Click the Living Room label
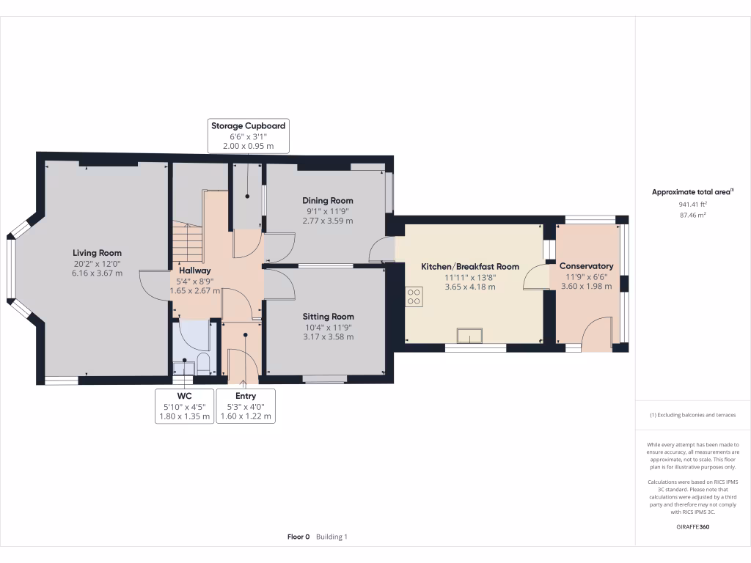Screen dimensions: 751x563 98,253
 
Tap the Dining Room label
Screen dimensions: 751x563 328,201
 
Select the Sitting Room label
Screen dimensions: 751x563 328,317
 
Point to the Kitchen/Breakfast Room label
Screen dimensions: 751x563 470,267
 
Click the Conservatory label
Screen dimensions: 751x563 586,265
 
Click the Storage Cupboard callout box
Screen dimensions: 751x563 248,136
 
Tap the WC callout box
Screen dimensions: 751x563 184,406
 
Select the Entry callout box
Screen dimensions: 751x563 246,406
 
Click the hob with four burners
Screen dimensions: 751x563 414,297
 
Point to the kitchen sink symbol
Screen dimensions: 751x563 469,336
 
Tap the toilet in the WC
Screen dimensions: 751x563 203,364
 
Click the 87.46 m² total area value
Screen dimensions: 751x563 692,215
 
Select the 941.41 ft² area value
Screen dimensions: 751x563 692,205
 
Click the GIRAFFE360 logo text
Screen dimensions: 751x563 692,526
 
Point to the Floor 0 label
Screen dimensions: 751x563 298,537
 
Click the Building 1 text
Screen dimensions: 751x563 331,537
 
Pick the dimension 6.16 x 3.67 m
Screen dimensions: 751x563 98,273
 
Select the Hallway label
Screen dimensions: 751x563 195,271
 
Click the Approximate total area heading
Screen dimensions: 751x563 692,192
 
